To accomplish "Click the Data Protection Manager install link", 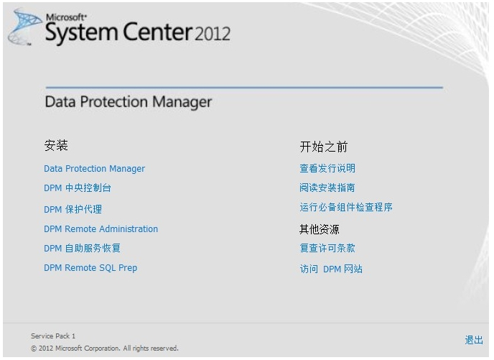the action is (94, 169).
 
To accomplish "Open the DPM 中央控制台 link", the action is (78, 188).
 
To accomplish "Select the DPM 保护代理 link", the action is (73, 209).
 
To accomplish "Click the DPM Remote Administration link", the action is (101, 229).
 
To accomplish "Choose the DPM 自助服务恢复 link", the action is (83, 248).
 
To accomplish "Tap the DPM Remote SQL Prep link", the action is (90, 267).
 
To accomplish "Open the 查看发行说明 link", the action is (327, 168).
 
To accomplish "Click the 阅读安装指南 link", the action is (327, 188).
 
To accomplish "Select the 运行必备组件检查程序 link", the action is (346, 207).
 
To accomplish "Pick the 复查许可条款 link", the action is (327, 248).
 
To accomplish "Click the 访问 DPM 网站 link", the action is (331, 269).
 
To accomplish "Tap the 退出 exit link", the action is (474, 340).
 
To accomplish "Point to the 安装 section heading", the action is (56, 145).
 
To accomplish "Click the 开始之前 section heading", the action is (324, 147).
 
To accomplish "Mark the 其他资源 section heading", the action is (319, 229).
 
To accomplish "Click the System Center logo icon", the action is (24, 27).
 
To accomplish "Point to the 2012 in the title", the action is (213, 34).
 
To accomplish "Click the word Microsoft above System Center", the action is (66, 17).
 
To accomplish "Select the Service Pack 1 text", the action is (53, 336).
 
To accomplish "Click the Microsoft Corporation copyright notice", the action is (105, 349).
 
